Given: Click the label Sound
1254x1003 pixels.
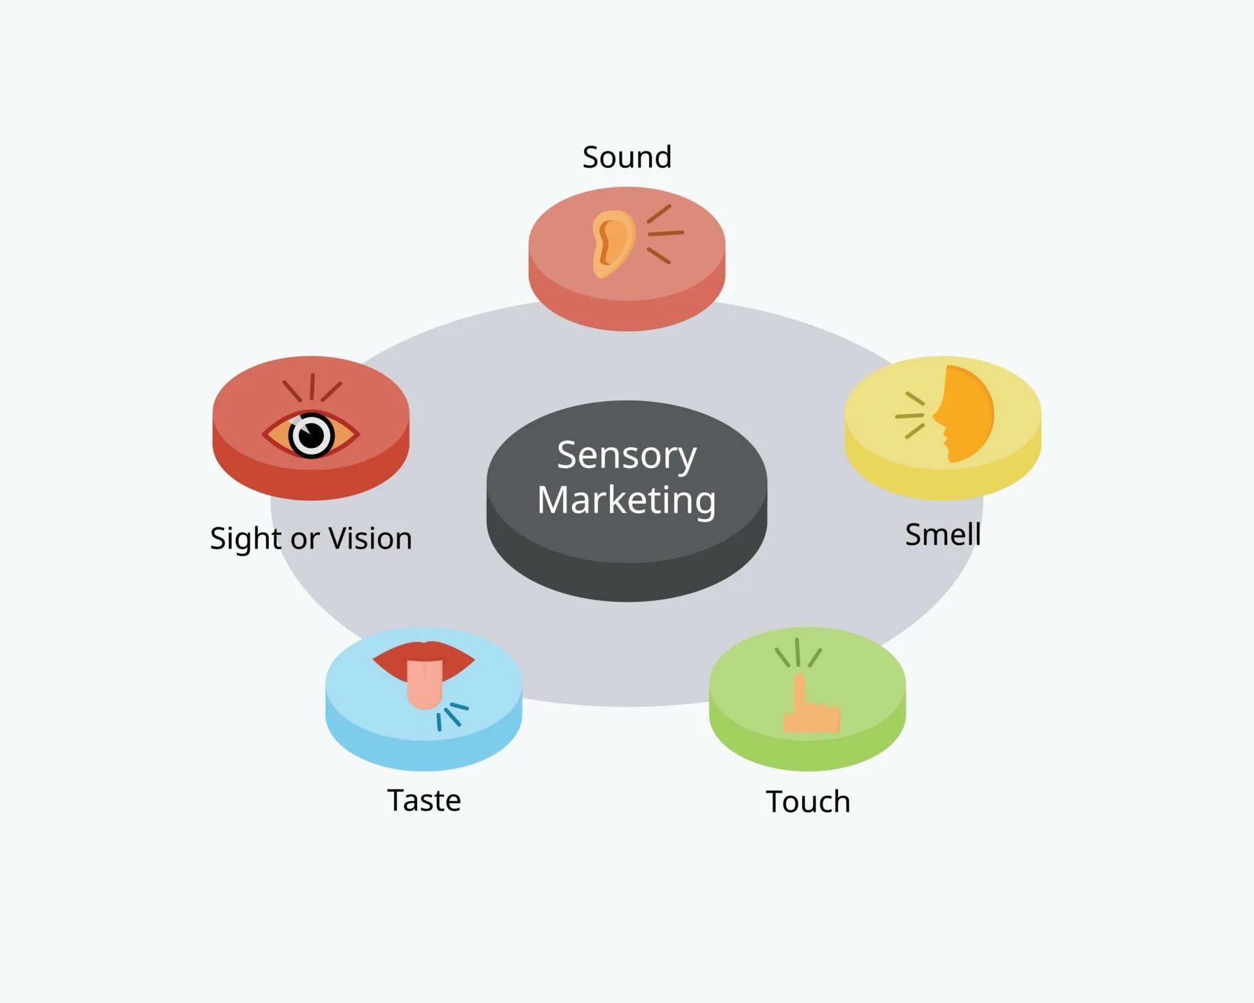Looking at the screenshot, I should [627, 157].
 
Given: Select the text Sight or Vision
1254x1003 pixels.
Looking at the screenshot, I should [311, 539].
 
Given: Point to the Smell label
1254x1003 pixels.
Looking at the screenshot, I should [942, 534].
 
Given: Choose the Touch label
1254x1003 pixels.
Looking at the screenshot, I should [808, 801].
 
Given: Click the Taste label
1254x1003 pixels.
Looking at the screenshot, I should [424, 800].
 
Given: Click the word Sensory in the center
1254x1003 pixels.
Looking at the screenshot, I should [627, 455].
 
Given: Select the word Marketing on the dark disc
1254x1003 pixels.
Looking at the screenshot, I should [627, 500].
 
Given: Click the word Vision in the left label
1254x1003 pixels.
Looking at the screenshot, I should [370, 539].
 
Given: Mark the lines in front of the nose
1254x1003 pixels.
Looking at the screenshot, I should [910, 415].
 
